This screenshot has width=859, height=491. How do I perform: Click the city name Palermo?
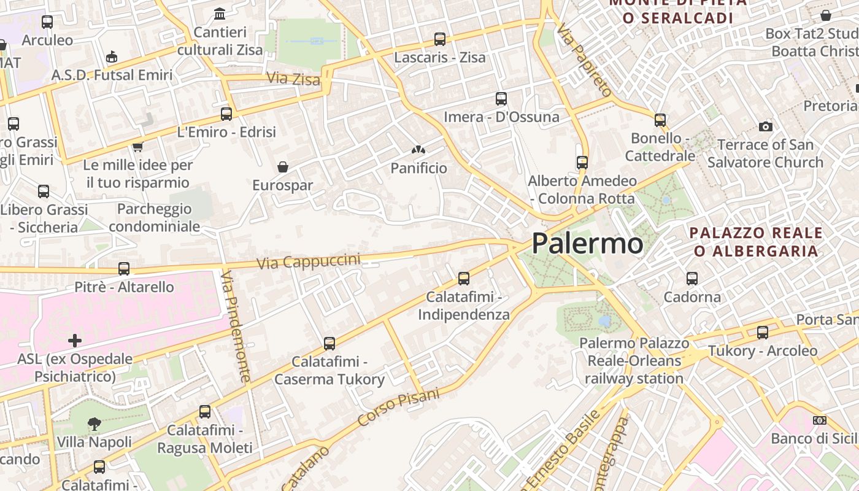pyautogui.click(x=587, y=244)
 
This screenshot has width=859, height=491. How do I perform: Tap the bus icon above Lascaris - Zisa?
pyautogui.click(x=439, y=39)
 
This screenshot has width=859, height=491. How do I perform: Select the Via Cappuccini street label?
pyautogui.click(x=309, y=261)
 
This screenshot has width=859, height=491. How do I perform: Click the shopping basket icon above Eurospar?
pyautogui.click(x=283, y=167)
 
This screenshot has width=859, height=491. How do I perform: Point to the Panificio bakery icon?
pyautogui.click(x=418, y=150)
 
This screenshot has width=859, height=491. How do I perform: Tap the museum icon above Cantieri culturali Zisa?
pyautogui.click(x=220, y=14)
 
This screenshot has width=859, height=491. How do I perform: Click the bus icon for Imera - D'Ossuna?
pyautogui.click(x=501, y=98)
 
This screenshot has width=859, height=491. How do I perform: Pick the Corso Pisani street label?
pyautogui.click(x=399, y=408)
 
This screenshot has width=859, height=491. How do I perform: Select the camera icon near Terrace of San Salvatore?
pyautogui.click(x=765, y=126)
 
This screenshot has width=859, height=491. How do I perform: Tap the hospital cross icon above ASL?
pyautogui.click(x=75, y=340)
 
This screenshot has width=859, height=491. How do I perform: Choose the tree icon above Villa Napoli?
pyautogui.click(x=94, y=423)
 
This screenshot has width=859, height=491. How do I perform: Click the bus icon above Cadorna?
pyautogui.click(x=692, y=278)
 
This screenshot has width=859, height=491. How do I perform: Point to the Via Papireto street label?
pyautogui.click(x=585, y=61)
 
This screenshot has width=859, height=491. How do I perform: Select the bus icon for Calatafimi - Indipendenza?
pyautogui.click(x=464, y=279)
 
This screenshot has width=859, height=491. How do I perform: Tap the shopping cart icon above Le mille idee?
pyautogui.click(x=137, y=146)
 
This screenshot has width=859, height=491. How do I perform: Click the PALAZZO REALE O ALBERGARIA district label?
pyautogui.click(x=756, y=242)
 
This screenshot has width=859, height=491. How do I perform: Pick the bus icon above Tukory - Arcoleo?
pyautogui.click(x=763, y=333)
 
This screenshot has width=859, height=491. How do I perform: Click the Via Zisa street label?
pyautogui.click(x=293, y=79)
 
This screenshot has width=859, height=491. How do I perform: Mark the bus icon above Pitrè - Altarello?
pyautogui.click(x=124, y=268)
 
